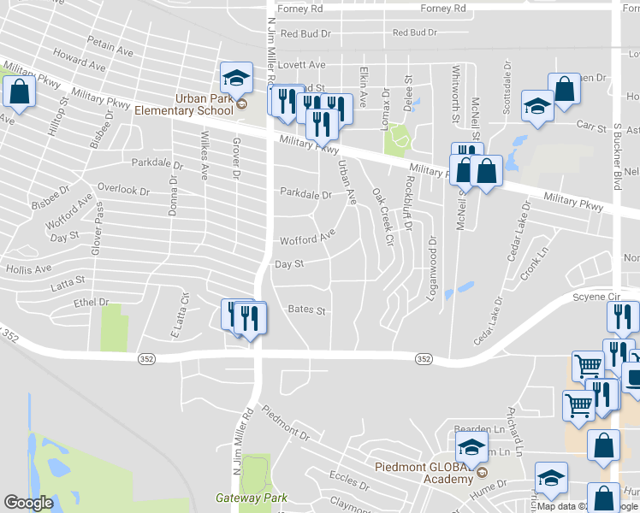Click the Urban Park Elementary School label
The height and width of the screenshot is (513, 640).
pyautogui.click(x=204, y=104)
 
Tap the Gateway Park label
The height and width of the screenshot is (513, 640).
pyautogui.click(x=251, y=498)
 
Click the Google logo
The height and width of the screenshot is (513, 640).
pyautogui.click(x=29, y=503)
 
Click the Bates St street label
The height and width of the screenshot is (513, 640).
pyautogui.click(x=307, y=310)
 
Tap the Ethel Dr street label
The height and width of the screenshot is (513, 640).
pyautogui.click(x=92, y=303)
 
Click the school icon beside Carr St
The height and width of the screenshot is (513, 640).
pyautogui.click(x=537, y=106)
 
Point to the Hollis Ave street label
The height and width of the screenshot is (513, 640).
pyautogui.click(x=30, y=269)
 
